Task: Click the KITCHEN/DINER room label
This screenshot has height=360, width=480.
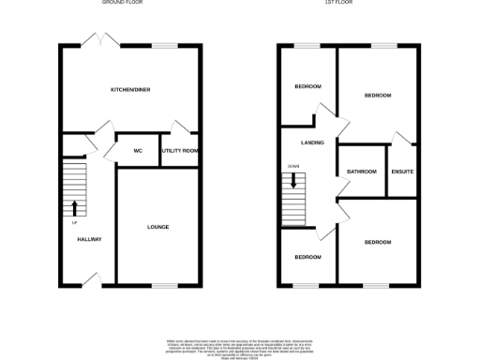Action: pyautogui.click(x=130, y=89)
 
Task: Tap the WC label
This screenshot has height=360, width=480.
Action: pyautogui.click(x=138, y=150)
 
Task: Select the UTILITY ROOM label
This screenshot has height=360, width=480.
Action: pyautogui.click(x=178, y=150)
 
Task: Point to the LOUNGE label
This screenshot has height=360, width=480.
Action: pyautogui.click(x=157, y=227)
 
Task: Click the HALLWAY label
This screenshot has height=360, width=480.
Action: pyautogui.click(x=89, y=239)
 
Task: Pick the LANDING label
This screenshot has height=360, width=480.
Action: pyautogui.click(x=312, y=142)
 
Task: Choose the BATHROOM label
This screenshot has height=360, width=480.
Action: pyautogui.click(x=361, y=172)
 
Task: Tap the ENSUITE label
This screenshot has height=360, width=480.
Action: pyautogui.click(x=402, y=172)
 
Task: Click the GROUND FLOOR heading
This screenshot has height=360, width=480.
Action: pyautogui.click(x=122, y=3)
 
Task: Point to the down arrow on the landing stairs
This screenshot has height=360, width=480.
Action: pyautogui.click(x=293, y=180)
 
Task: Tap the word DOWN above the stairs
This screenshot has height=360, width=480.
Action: pyautogui.click(x=293, y=166)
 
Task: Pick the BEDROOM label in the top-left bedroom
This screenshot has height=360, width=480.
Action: pyautogui.click(x=307, y=87)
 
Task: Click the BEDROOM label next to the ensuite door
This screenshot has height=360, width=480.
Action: pyautogui.click(x=377, y=96)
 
